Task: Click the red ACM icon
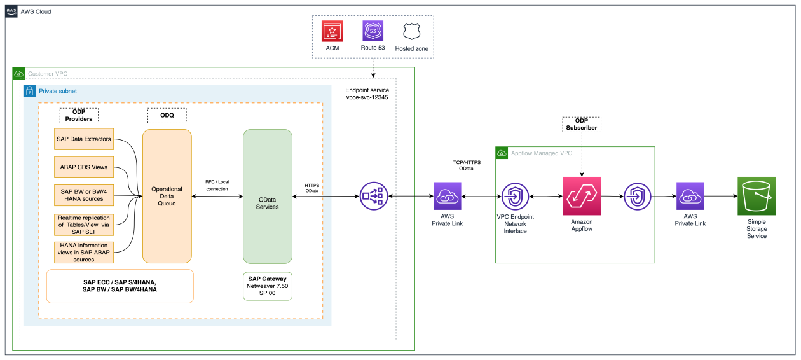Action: point(332,31)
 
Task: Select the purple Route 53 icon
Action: point(373,31)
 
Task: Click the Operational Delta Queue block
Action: point(167,196)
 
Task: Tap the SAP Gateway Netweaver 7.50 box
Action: point(268,286)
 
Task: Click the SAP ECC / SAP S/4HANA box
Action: point(120,286)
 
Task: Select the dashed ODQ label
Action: point(167,115)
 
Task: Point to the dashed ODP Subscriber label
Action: point(582,125)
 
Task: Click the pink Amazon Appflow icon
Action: point(582,196)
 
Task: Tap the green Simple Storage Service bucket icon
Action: point(756,196)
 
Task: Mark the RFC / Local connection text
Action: point(217,185)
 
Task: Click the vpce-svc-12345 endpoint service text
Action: point(367,98)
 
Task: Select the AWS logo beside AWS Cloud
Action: point(11,11)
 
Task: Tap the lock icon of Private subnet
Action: point(29,91)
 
